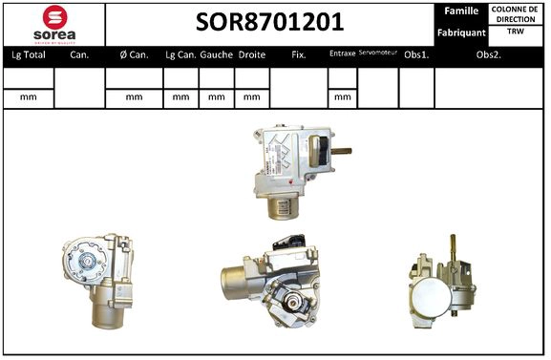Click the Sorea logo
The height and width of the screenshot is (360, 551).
click(x=55, y=23)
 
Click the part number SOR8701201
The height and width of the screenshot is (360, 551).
click(x=269, y=22)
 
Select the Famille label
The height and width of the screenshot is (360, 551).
click(x=460, y=11)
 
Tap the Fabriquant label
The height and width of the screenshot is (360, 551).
click(x=462, y=32)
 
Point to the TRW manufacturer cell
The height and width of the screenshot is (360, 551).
click(x=516, y=32)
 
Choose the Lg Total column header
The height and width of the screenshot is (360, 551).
click(x=29, y=55)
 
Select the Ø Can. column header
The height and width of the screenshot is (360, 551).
click(x=134, y=55)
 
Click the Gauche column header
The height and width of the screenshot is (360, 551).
click(x=217, y=55)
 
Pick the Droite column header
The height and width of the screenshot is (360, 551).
click(x=252, y=55)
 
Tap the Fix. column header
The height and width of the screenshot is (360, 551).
click(x=298, y=55)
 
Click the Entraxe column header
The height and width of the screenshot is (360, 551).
click(x=342, y=54)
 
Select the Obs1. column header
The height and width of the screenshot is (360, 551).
click(x=415, y=55)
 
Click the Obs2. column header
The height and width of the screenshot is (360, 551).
click(x=490, y=55)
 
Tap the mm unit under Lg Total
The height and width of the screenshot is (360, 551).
click(x=29, y=96)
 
